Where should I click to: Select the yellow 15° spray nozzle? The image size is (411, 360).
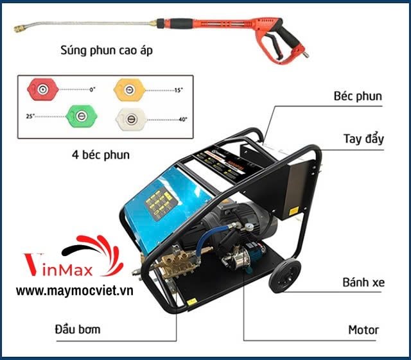(x=127, y=89)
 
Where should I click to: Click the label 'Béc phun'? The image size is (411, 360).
(x=358, y=97)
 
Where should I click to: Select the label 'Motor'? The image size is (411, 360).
(x=363, y=330)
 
